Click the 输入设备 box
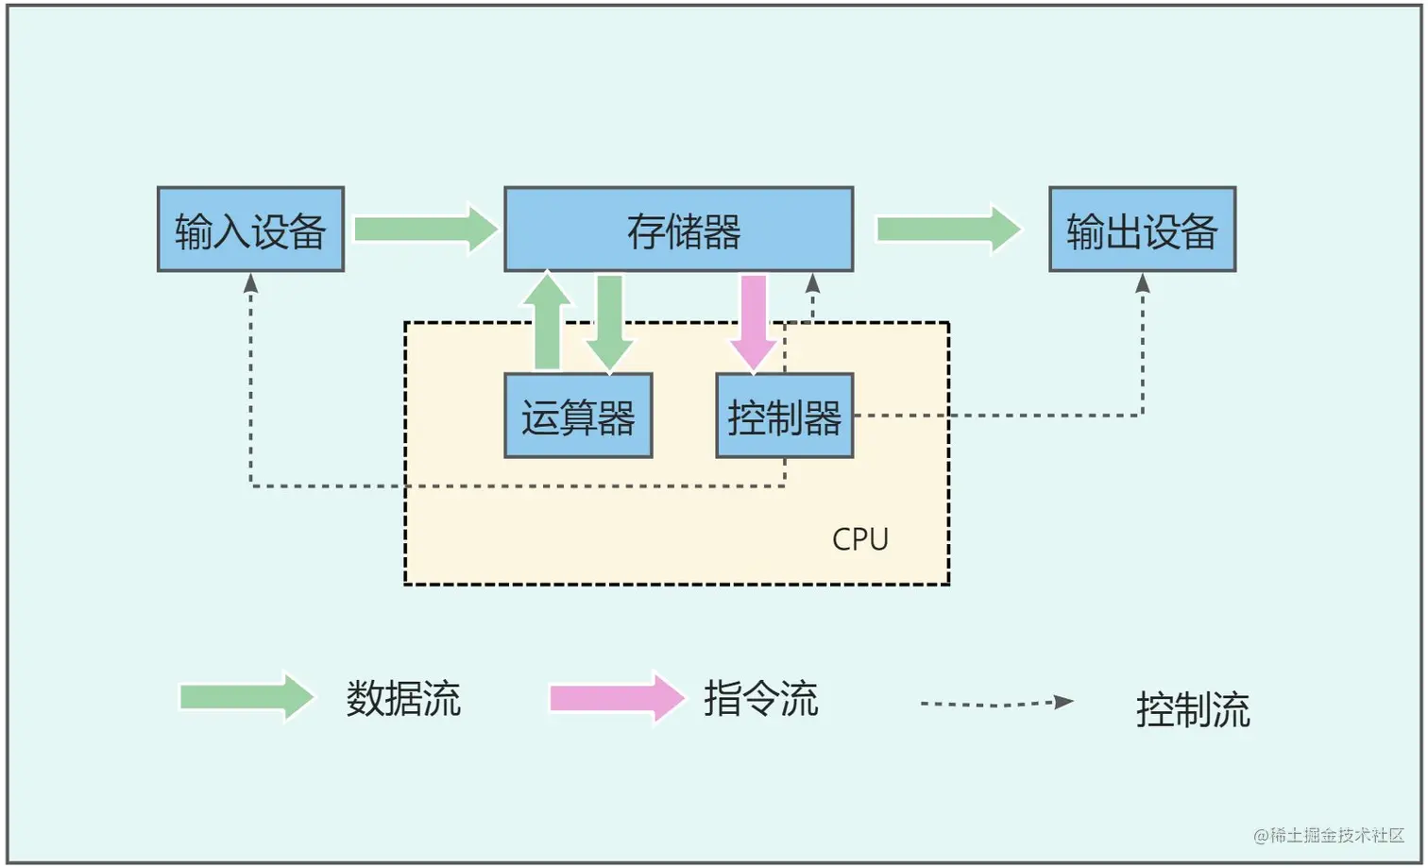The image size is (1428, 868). click(250, 230)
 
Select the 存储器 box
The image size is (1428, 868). click(678, 230)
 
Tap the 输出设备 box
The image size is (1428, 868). click(1142, 230)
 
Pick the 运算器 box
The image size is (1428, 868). click(578, 416)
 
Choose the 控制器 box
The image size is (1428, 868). click(784, 416)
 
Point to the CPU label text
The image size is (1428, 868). click(859, 538)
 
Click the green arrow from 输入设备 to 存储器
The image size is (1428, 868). click(425, 229)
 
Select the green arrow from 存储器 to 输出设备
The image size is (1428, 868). click(948, 229)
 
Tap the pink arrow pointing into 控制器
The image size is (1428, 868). click(754, 321)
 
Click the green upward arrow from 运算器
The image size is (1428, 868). click(548, 321)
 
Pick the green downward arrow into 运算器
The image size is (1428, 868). click(609, 321)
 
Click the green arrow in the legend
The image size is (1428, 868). click(246, 697)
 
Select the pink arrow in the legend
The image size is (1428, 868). click(616, 697)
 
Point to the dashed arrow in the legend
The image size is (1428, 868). click(996, 703)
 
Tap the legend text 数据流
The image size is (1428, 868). click(403, 699)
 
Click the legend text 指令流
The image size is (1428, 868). click(760, 699)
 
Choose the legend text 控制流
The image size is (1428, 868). click(1193, 709)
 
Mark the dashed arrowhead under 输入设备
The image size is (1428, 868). click(251, 282)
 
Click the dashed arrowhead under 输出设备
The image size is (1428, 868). click(1143, 282)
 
